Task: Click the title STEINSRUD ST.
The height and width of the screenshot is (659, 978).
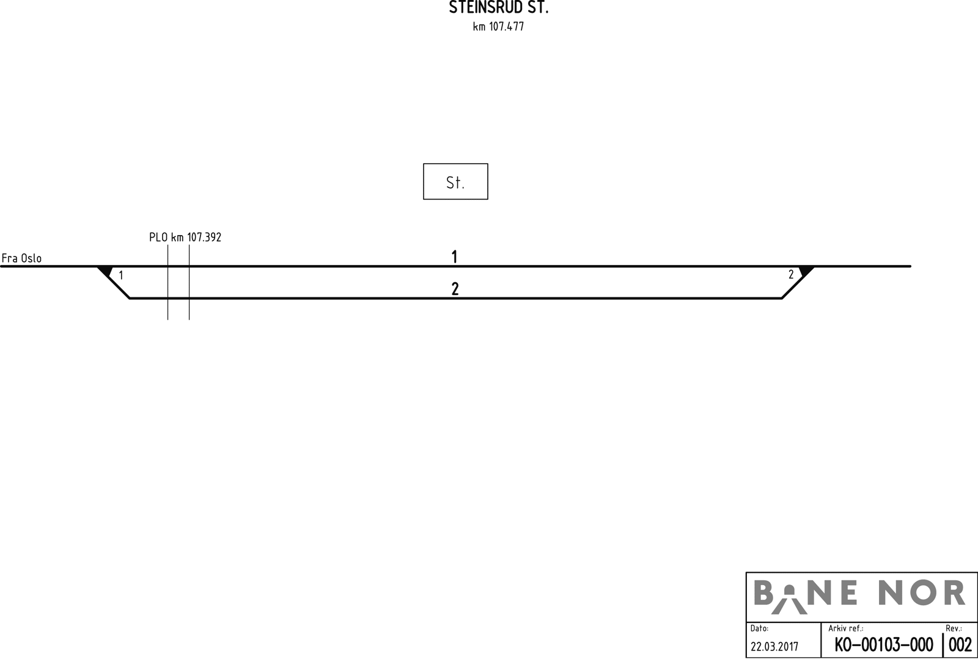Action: pyautogui.click(x=498, y=9)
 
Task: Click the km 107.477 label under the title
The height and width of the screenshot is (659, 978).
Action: pyautogui.click(x=498, y=27)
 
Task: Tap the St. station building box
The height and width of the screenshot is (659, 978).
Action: pyautogui.click(x=455, y=181)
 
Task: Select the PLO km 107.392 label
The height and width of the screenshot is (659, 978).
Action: pyautogui.click(x=185, y=237)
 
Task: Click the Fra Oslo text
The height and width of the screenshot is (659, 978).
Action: pyautogui.click(x=22, y=258)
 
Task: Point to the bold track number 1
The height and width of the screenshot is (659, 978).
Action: pyautogui.click(x=454, y=257)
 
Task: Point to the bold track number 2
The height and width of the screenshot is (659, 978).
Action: pyautogui.click(x=455, y=289)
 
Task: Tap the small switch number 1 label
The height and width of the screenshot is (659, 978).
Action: pyautogui.click(x=121, y=275)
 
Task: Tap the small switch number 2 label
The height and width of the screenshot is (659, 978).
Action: pyautogui.click(x=791, y=275)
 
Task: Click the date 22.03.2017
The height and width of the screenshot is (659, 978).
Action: pyautogui.click(x=774, y=646)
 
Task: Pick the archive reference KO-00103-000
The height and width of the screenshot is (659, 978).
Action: pyautogui.click(x=883, y=645)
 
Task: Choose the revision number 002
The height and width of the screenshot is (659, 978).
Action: pyautogui.click(x=960, y=645)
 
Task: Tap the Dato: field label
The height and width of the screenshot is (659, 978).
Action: pyautogui.click(x=759, y=628)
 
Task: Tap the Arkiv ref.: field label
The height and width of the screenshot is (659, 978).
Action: pyautogui.click(x=845, y=628)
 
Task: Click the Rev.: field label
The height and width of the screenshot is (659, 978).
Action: pyautogui.click(x=954, y=628)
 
